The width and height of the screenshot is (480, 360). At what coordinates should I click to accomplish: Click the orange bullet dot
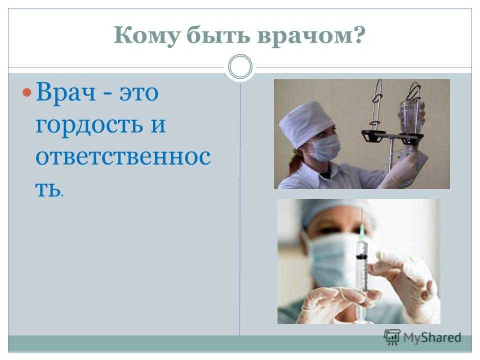[x=27, y=92]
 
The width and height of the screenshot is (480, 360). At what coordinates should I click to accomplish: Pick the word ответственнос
[x=123, y=157]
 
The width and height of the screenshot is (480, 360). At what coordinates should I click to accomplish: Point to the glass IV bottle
[x=410, y=118]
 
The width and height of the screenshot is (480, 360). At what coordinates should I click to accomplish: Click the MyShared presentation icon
[x=392, y=337]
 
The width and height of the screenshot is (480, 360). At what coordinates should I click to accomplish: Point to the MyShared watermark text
[x=432, y=337]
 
